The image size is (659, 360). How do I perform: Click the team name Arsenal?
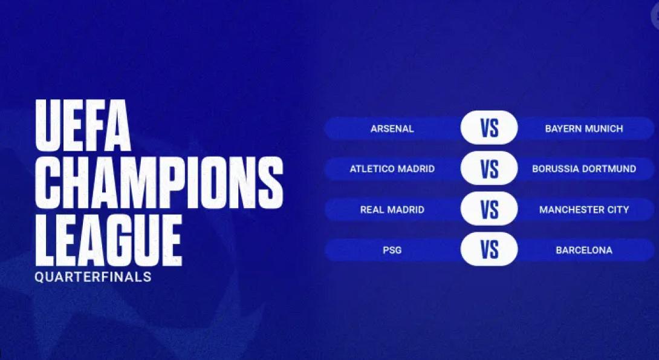pyautogui.click(x=392, y=129)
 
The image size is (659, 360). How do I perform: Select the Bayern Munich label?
pyautogui.click(x=583, y=129)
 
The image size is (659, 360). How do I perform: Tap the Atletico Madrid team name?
pyautogui.click(x=392, y=169)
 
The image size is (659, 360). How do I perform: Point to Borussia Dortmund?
pyautogui.click(x=583, y=169)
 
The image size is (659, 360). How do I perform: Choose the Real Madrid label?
pyautogui.click(x=392, y=210)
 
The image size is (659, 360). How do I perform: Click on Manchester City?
pyautogui.click(x=583, y=210)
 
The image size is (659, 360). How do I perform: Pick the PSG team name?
pyautogui.click(x=392, y=250)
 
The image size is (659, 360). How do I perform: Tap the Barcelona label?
pyautogui.click(x=583, y=250)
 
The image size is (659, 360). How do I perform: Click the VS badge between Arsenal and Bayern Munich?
pyautogui.click(x=489, y=128)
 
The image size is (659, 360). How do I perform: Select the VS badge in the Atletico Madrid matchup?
pyautogui.click(x=489, y=169)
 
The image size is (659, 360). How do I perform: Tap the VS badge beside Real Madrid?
pyautogui.click(x=489, y=209)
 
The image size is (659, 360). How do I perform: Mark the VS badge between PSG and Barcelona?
pyautogui.click(x=489, y=249)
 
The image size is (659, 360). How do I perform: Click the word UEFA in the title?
pyautogui.click(x=83, y=126)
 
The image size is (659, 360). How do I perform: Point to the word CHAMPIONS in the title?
pyautogui.click(x=159, y=182)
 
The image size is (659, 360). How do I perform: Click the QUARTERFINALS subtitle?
pyautogui.click(x=93, y=278)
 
